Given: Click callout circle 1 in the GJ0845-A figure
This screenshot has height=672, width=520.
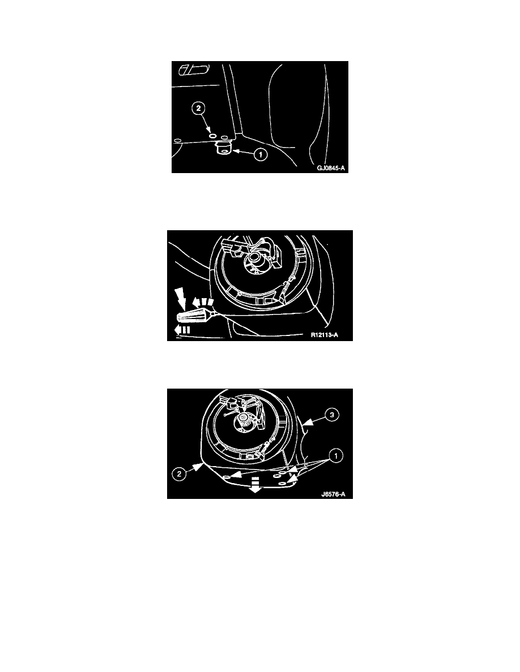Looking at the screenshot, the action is click(x=261, y=154).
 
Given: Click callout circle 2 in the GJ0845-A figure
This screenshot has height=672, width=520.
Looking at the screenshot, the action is click(x=198, y=109).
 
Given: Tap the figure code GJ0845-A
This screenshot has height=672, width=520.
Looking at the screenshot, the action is click(x=331, y=169).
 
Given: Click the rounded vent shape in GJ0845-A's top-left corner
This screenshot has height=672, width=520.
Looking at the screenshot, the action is click(x=194, y=70).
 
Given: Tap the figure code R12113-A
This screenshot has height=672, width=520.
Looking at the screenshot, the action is click(x=325, y=335).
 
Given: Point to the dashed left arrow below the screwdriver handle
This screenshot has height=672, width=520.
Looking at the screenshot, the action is click(x=182, y=330).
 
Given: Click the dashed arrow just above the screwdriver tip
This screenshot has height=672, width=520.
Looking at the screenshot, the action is click(x=203, y=303).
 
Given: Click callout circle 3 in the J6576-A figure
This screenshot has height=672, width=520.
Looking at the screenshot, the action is click(x=331, y=415).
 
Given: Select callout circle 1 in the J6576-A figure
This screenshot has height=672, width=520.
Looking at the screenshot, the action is click(x=335, y=455).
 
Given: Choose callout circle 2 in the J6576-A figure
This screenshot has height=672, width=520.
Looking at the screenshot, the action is click(x=179, y=474).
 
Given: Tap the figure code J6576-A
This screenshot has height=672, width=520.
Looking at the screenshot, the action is click(x=334, y=494).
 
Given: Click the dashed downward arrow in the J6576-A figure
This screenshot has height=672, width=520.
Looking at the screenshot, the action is click(x=255, y=484).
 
